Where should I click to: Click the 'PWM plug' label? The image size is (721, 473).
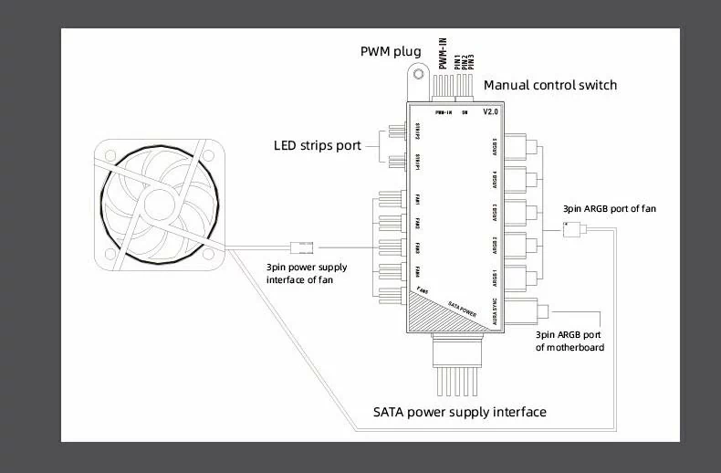tap(391, 49)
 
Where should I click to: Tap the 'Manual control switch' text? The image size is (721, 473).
tap(549, 85)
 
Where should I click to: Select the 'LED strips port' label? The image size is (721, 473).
tap(317, 145)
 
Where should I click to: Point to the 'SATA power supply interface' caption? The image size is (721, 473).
tap(460, 412)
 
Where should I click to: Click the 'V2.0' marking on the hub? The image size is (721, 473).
tap(489, 112)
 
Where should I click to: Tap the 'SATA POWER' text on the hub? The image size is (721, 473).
tap(463, 308)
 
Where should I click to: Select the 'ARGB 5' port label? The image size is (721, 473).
tap(494, 146)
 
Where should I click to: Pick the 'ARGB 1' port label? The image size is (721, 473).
tap(494, 276)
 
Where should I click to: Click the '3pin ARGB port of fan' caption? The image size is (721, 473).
tap(609, 209)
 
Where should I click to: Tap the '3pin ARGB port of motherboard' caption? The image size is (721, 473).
tap(570, 341)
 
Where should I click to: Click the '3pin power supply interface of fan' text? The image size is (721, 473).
tap(303, 273)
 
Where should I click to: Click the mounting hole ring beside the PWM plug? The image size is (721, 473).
tap(417, 72)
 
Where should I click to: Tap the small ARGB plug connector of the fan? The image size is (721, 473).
tap(572, 230)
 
